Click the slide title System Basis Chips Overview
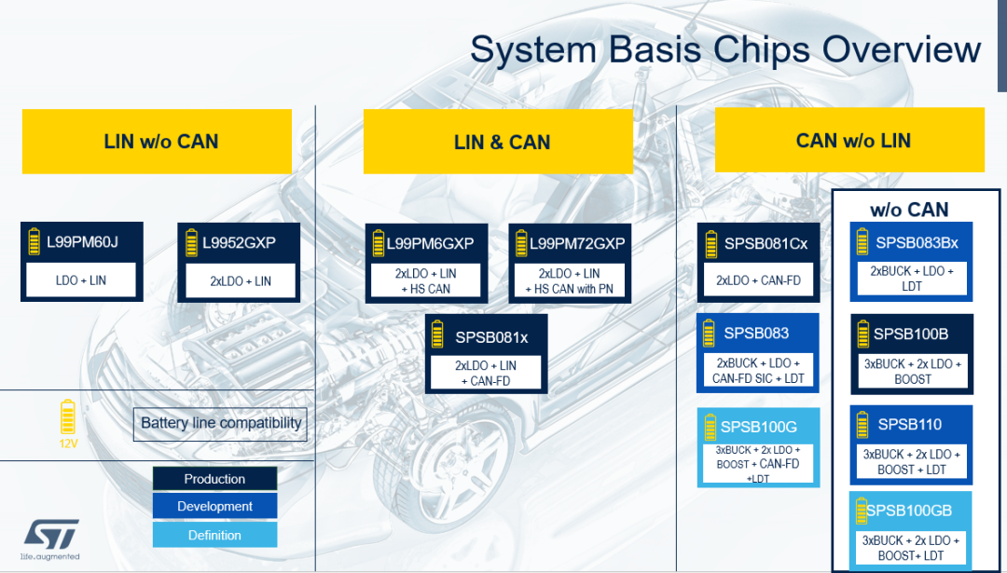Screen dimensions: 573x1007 tap(724, 49)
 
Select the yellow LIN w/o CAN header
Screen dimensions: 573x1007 tap(161, 142)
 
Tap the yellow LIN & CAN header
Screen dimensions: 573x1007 tap(502, 143)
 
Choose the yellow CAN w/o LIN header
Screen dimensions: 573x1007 tap(853, 141)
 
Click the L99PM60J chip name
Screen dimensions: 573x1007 tap(82, 244)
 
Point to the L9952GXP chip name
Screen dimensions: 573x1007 tap(239, 244)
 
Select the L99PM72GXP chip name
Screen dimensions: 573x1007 tap(577, 244)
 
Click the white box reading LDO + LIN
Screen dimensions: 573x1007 tap(82, 280)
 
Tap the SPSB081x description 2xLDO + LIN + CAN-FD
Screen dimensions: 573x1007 tap(487, 373)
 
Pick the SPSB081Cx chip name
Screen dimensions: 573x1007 tap(766, 244)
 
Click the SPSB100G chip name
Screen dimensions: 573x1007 tap(759, 428)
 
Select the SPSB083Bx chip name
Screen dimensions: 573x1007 tap(917, 243)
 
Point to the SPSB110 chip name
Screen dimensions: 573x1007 tap(909, 425)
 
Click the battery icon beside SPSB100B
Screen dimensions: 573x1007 tap(862, 334)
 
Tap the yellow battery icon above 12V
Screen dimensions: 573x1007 tap(67, 416)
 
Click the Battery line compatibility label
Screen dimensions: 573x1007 tap(221, 423)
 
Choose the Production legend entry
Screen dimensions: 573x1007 tap(214, 479)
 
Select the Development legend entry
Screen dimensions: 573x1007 tap(214, 507)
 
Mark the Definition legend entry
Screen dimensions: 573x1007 tap(214, 535)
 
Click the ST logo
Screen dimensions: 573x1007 tap(51, 535)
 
